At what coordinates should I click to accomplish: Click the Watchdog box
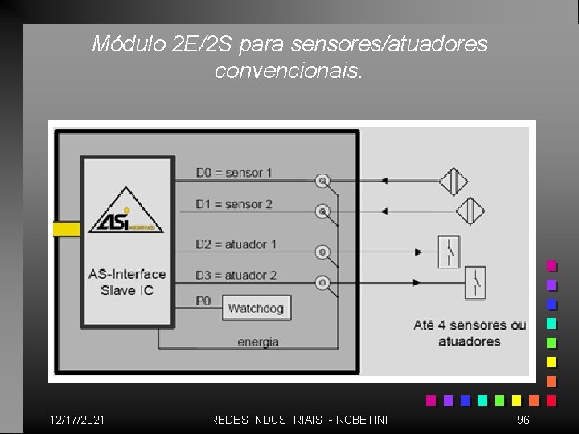tap(255, 308)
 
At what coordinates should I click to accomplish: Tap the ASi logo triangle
tap(125, 212)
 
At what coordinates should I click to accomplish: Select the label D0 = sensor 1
tap(234, 172)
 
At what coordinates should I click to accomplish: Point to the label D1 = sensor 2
tap(234, 204)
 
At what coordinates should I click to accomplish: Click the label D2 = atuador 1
tap(236, 244)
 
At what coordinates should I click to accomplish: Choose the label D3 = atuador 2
tap(236, 275)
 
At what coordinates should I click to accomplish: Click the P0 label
tap(203, 300)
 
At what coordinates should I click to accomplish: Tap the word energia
tap(258, 342)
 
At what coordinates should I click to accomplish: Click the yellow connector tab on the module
tap(66, 229)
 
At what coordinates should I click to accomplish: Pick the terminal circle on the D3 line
tap(322, 283)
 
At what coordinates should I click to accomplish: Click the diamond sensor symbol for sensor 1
tap(454, 181)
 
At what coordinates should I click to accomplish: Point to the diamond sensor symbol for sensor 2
tap(470, 211)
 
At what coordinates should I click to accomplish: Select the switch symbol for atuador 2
tap(475, 282)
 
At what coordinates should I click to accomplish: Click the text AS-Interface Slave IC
tap(127, 282)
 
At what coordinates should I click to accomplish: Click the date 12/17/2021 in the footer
tap(76, 420)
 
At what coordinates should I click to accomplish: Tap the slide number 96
tap(524, 420)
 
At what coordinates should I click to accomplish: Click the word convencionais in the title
tap(289, 71)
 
